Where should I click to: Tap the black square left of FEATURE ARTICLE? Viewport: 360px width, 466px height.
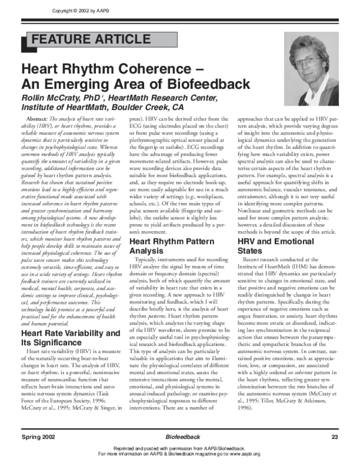coord(24,41)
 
